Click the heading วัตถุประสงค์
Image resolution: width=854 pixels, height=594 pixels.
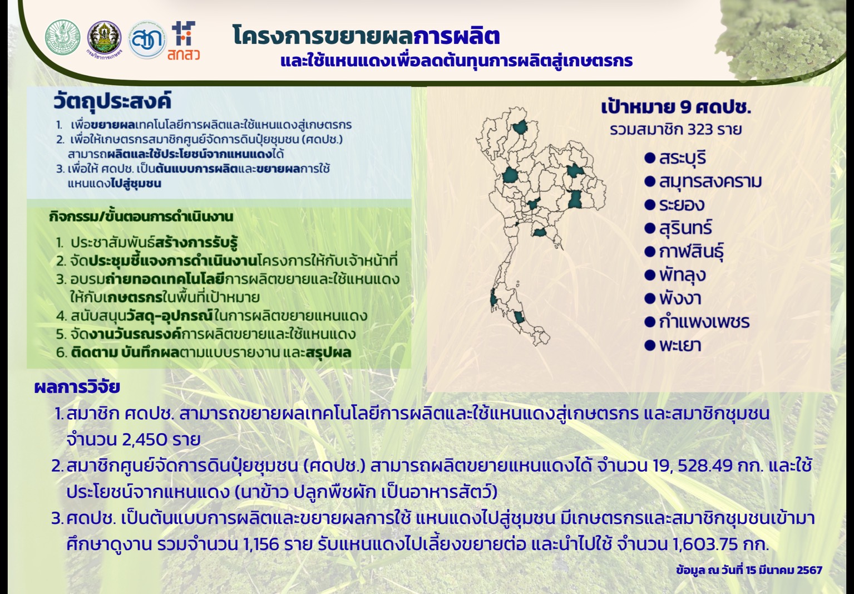(x=112, y=102)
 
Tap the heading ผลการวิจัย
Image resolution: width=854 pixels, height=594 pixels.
(x=77, y=387)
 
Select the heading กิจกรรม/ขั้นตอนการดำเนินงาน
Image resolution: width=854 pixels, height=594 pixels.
(x=141, y=217)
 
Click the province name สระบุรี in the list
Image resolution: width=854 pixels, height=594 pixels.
(x=683, y=158)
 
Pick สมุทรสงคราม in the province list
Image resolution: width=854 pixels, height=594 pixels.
(x=710, y=181)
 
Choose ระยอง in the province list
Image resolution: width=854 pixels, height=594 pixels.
(x=682, y=205)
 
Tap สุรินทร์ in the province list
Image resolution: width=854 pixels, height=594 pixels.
(x=685, y=228)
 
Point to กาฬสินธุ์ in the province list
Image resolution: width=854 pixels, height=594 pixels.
(x=691, y=252)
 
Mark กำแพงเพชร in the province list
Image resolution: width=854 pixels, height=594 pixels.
(x=704, y=322)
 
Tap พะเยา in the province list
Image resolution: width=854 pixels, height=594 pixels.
(x=680, y=345)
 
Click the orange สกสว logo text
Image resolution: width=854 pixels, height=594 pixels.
(x=184, y=55)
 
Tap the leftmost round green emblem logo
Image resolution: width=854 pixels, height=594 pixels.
(x=62, y=37)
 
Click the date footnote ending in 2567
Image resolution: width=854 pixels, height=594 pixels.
(x=749, y=570)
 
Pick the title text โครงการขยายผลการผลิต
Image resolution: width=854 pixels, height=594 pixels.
(x=366, y=36)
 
